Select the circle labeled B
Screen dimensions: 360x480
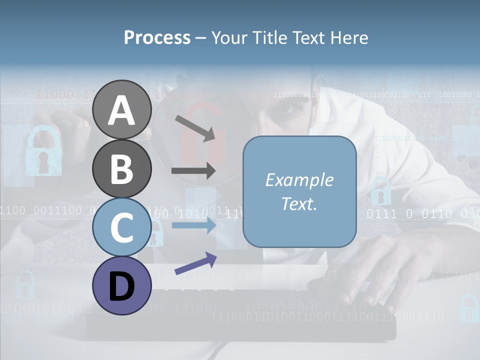click(x=121, y=168)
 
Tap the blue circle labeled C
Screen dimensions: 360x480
click(x=121, y=227)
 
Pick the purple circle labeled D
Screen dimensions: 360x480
click(x=121, y=285)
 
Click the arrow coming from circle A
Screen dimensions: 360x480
click(x=195, y=128)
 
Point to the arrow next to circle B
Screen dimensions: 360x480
click(x=193, y=171)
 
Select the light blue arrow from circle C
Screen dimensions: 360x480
click(x=193, y=225)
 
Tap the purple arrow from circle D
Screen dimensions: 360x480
click(x=195, y=264)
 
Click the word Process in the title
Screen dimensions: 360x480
click(x=157, y=38)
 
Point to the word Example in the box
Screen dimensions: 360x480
click(x=299, y=180)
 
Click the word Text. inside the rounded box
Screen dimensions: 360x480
click(x=299, y=203)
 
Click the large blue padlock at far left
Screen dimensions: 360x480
click(x=42, y=152)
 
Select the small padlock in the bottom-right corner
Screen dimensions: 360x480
click(x=468, y=309)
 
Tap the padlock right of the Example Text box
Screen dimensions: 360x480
click(x=381, y=192)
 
